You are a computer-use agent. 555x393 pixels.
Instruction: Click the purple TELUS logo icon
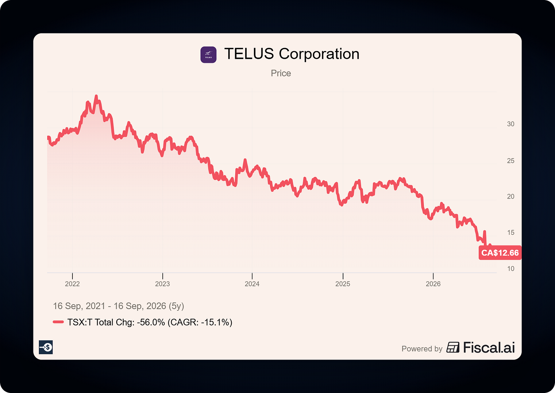[x=209, y=55]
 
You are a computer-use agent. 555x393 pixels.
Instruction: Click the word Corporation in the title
[x=319, y=54]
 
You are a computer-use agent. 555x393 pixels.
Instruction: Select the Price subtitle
[x=281, y=73]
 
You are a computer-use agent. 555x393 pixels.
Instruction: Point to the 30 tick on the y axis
[x=511, y=124]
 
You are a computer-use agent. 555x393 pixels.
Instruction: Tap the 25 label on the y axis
[x=511, y=161]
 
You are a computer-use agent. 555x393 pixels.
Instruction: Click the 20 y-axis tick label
[x=511, y=197]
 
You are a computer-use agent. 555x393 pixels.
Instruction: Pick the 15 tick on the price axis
[x=511, y=233]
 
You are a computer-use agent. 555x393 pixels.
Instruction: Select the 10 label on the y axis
[x=511, y=269]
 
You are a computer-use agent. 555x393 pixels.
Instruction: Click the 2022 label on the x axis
[x=72, y=284]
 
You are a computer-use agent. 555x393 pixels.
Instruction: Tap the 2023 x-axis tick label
[x=162, y=284]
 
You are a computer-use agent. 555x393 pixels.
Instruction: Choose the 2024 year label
[x=252, y=284]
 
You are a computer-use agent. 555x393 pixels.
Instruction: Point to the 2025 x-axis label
[x=343, y=284]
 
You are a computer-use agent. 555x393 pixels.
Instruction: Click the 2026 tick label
[x=433, y=284]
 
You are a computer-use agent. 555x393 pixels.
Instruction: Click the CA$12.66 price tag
[x=500, y=253]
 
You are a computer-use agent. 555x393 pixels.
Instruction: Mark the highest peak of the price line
[x=96, y=96]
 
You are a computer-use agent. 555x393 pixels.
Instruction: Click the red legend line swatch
[x=58, y=322]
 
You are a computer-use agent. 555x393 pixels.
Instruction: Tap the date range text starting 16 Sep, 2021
[x=119, y=306]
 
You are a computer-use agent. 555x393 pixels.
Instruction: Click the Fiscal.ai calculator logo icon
[x=453, y=347]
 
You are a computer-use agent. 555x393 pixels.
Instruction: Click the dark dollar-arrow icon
[x=46, y=347]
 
